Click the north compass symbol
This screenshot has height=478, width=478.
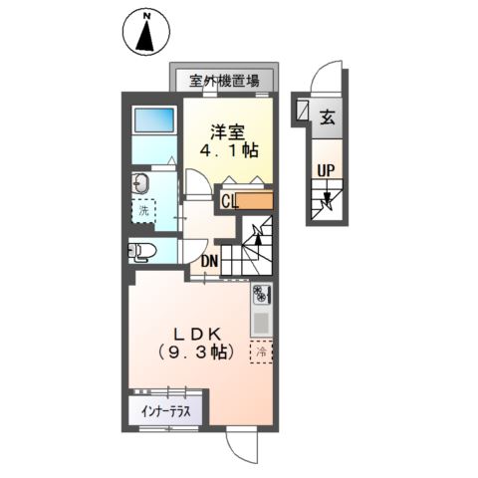coord(146,32)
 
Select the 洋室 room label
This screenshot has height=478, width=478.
coord(224,130)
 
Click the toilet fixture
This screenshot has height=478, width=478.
coord(140,252)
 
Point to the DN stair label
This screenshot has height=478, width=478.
coord(210,262)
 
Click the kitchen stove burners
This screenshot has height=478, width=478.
coord(261,295)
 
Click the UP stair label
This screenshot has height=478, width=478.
coord(325,171)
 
